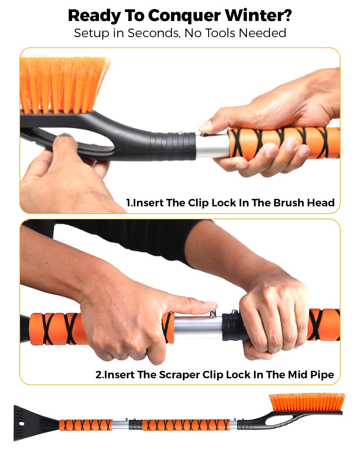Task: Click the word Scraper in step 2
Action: [179, 375]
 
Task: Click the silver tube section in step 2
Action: [198, 327]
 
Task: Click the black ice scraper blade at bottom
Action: [34, 423]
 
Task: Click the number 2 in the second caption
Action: [98, 375]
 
